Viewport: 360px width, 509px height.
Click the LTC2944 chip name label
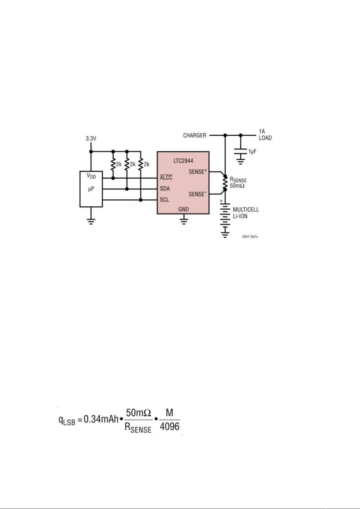[x=183, y=161]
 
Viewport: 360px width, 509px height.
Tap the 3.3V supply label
[x=91, y=139]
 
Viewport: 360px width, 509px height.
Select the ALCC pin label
[x=166, y=178]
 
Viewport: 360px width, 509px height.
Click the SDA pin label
[x=165, y=189]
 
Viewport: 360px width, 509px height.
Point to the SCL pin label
[x=165, y=200]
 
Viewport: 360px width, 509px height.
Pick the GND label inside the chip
[x=183, y=209]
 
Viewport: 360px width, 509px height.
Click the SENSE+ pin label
[x=198, y=172]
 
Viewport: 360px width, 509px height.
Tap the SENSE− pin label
[x=198, y=194]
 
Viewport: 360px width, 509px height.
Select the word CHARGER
[x=194, y=135]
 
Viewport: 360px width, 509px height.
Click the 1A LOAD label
[x=265, y=135]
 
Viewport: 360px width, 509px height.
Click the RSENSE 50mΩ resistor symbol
[x=225, y=182]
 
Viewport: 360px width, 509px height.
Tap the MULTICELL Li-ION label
[x=246, y=213]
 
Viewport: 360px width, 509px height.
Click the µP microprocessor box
[x=91, y=189]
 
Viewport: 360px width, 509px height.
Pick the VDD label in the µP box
[x=91, y=176]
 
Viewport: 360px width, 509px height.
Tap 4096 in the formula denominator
[x=169, y=427]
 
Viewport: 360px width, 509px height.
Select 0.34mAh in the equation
[x=101, y=420]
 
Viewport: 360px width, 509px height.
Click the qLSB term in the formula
[x=66, y=420]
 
